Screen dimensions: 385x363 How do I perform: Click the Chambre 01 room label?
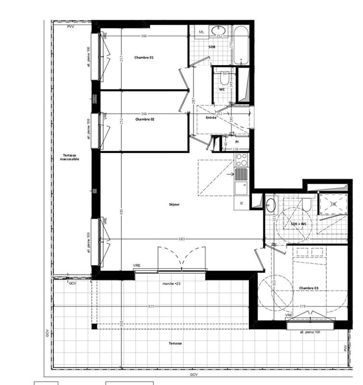click(144, 58)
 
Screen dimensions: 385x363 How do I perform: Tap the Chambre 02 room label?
click(144, 119)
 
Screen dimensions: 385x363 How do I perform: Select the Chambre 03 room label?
click(309, 288)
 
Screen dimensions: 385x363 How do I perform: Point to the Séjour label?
click(174, 204)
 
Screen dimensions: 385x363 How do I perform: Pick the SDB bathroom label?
click(212, 47)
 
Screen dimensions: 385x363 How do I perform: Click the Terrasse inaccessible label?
click(69, 157)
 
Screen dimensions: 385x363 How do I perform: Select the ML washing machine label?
click(201, 32)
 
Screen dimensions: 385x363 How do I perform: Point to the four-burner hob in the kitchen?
click(241, 159)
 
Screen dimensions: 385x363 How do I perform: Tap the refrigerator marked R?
click(241, 203)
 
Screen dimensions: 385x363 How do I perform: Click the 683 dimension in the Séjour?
click(182, 239)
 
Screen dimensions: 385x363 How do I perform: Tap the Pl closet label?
click(237, 143)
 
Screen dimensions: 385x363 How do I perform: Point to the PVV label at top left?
click(71, 27)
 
